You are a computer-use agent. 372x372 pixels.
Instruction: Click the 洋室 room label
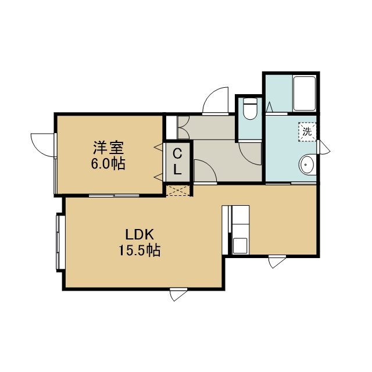[109, 147]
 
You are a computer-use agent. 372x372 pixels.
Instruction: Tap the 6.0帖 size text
[109, 163]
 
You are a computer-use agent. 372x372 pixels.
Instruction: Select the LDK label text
[139, 235]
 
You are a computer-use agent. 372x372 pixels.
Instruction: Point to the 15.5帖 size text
[139, 250]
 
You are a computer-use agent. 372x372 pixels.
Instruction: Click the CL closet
[177, 162]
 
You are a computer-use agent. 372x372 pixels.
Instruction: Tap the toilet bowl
[250, 109]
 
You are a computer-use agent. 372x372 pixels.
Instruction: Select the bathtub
[305, 93]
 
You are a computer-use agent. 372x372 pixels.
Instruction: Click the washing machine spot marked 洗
[307, 132]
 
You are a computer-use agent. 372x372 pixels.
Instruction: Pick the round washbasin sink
[307, 164]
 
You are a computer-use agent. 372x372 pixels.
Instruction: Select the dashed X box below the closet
[178, 191]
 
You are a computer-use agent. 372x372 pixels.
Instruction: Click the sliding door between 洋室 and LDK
[114, 196]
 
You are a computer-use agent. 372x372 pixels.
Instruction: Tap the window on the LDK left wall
[60, 242]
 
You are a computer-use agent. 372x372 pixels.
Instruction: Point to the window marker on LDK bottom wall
[178, 294]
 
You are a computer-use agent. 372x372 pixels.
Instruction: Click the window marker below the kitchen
[277, 262]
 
